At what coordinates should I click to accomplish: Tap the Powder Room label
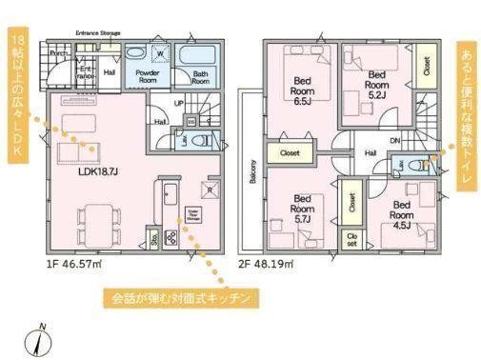[x=147, y=75]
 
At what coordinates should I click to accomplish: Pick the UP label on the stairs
[x=179, y=103]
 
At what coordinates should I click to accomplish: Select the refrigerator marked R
[x=210, y=188]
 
